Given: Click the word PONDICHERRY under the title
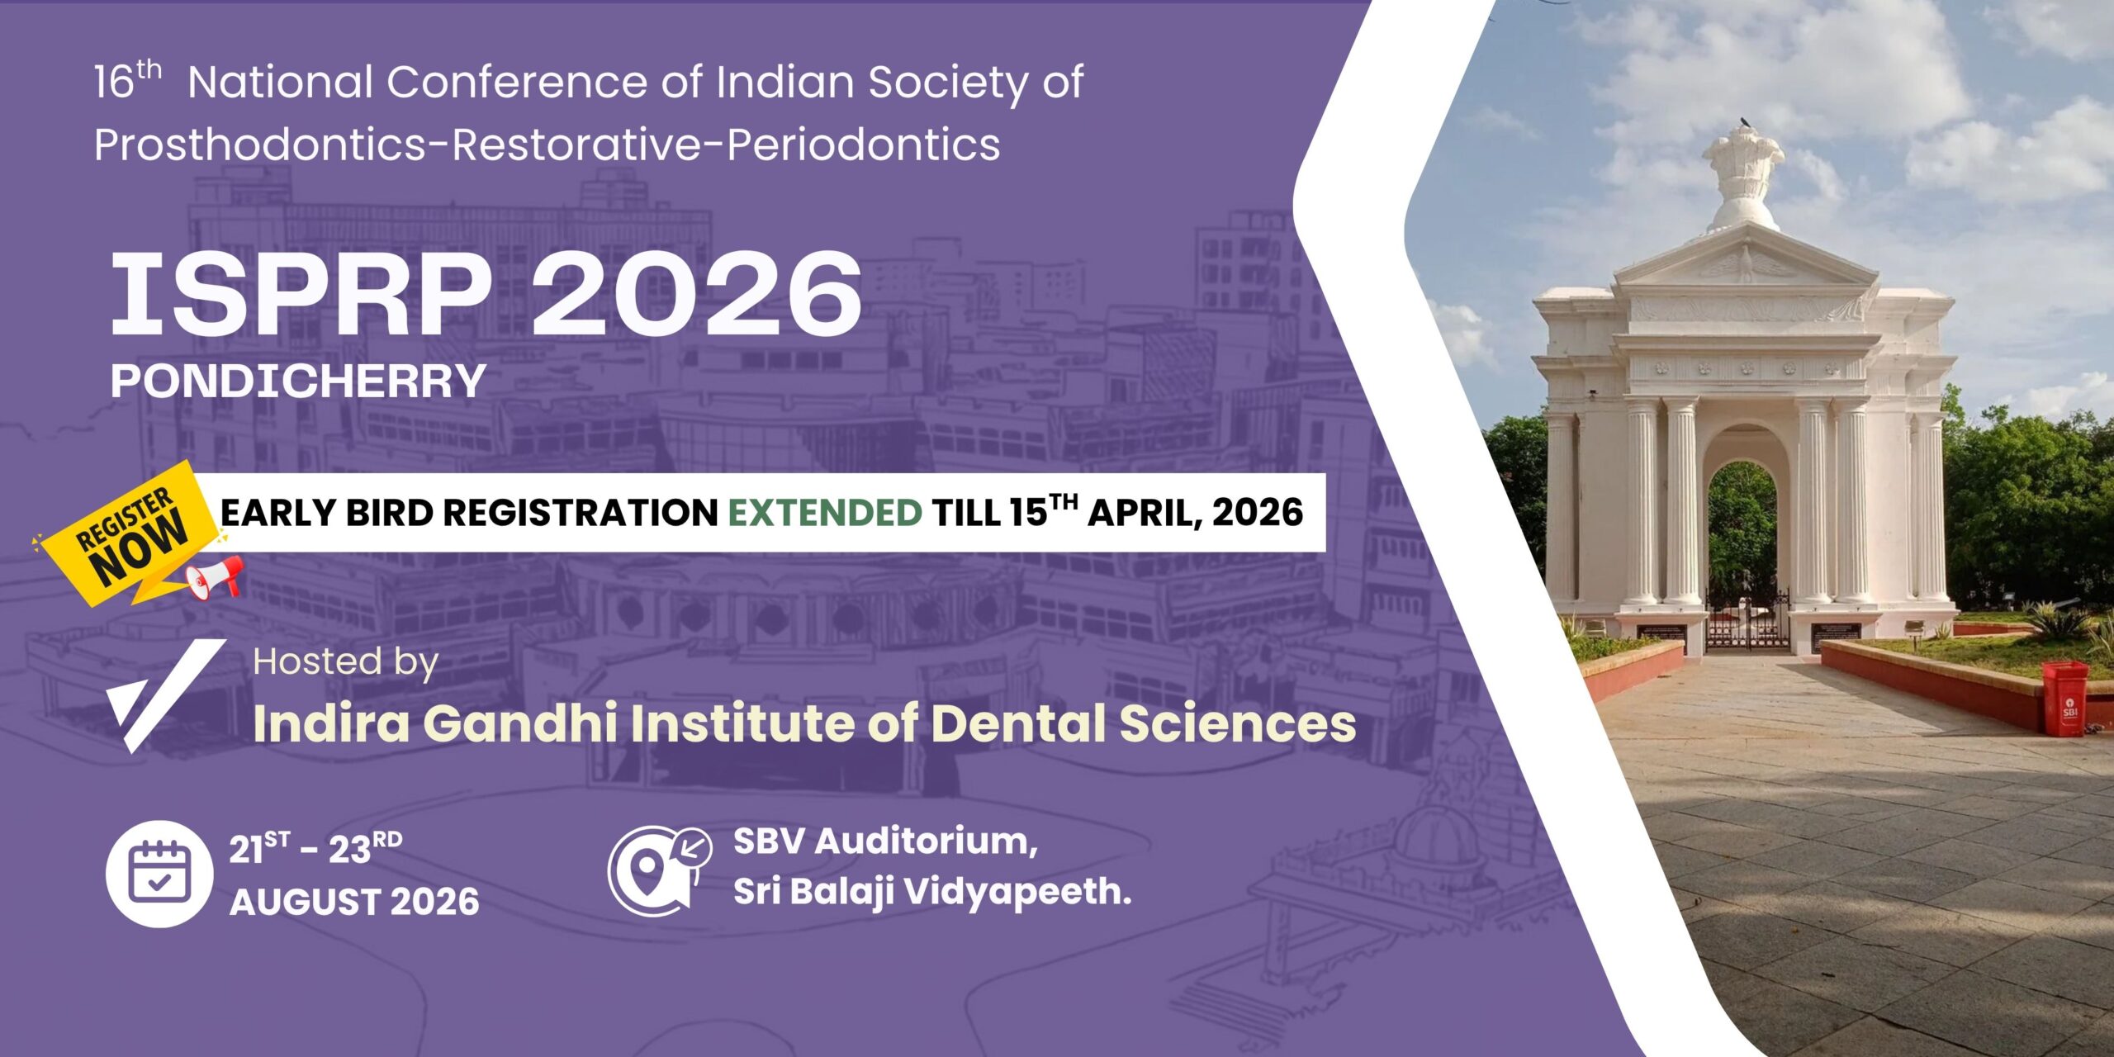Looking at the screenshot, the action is click(298, 381).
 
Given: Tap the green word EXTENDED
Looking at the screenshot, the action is click(825, 513).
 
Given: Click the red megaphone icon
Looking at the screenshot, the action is click(215, 577).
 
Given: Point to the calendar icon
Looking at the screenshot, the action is click(159, 874).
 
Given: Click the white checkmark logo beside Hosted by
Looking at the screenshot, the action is click(165, 695).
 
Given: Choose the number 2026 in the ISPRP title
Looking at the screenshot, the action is click(696, 295).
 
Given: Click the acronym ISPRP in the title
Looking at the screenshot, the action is click(301, 295).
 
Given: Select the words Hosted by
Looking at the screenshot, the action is click(345, 662).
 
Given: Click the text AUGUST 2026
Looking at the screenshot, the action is click(354, 902).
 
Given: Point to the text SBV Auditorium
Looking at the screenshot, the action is click(885, 842).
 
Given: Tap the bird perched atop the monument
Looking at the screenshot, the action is click(1746, 123).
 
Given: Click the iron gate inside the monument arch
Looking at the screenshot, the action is click(1747, 619).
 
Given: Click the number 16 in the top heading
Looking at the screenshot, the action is click(114, 83).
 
